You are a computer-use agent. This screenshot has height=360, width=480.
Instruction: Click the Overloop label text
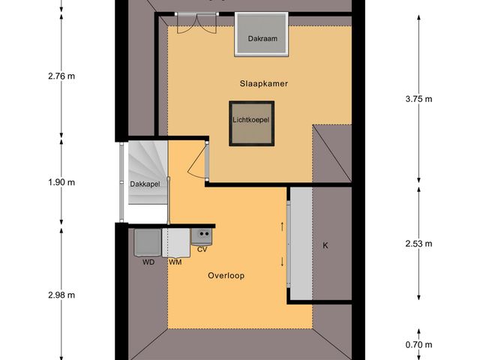click(x=226, y=275)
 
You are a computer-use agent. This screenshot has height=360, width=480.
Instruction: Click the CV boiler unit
click(x=202, y=238)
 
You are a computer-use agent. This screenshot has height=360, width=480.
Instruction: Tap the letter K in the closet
click(x=325, y=246)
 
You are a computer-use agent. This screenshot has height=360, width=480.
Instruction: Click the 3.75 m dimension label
click(x=417, y=98)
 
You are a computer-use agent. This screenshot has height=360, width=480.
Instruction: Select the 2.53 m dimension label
click(x=417, y=244)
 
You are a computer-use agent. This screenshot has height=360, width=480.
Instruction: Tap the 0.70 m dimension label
click(x=417, y=345)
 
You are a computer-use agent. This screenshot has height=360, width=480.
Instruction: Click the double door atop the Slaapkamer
click(x=190, y=24)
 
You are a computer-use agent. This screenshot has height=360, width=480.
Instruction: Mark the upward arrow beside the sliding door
click(x=283, y=226)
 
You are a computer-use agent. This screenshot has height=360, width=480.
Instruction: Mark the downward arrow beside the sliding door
click(x=283, y=262)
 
